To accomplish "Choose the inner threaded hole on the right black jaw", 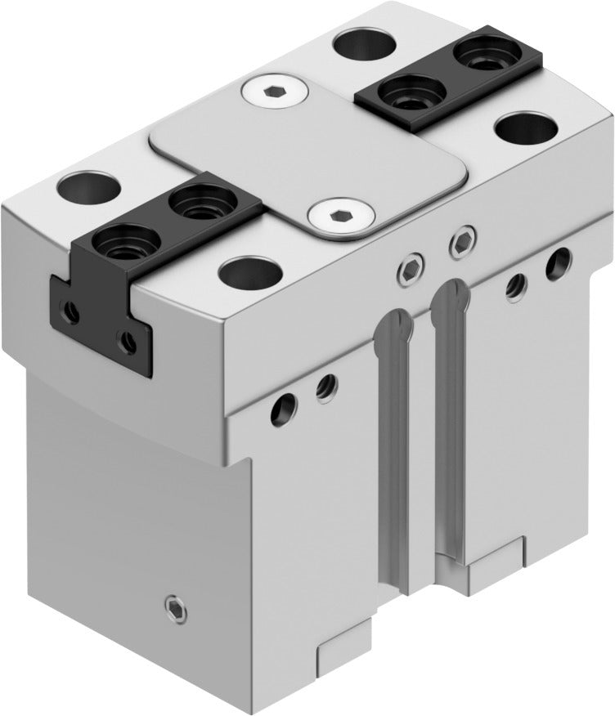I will coord(414,91).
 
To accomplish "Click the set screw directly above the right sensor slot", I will coord(464,239).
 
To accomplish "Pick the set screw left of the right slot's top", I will coord(409,266).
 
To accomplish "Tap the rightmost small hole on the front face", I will coord(559,261).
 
